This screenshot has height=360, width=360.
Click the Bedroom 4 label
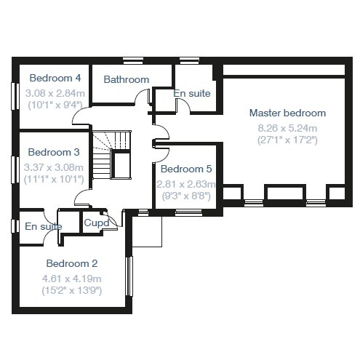[55, 78]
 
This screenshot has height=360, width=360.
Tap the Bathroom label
[127, 79]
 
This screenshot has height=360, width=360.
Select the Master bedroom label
[287, 113]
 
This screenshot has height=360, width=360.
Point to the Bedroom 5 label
[186, 169]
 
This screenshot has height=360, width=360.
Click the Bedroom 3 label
[54, 152]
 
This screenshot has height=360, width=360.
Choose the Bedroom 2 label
[72, 263]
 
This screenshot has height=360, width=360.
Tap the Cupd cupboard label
[97, 223]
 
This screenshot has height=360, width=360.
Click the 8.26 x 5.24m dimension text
[287, 128]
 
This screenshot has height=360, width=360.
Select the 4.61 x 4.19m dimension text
[72, 279]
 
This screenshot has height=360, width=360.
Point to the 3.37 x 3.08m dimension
[54, 167]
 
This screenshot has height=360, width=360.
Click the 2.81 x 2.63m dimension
[186, 184]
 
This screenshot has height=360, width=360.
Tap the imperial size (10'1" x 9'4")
[55, 105]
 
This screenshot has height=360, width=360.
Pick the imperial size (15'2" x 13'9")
[72, 290]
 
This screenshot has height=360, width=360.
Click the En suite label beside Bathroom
[192, 93]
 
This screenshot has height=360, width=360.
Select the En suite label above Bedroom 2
[44, 226]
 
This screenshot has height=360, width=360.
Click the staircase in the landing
[112, 155]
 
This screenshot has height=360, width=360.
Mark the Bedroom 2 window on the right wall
[129, 276]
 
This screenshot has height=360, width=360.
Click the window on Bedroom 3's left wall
[15, 169]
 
